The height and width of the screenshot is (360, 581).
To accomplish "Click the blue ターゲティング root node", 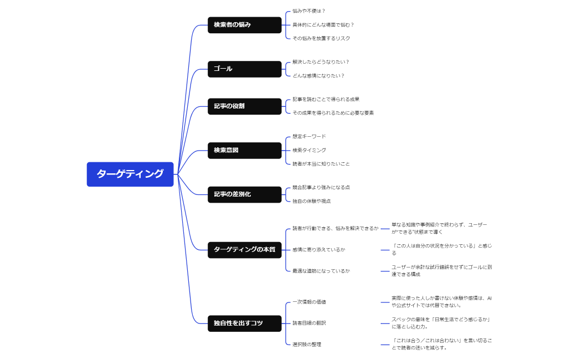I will [130, 174].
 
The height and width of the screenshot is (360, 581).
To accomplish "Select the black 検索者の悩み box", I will [244, 25].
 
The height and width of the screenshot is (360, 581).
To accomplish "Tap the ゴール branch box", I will [244, 69].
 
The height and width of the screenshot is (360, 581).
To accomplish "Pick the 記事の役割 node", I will [244, 106].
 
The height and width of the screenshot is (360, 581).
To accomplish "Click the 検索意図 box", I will [244, 150].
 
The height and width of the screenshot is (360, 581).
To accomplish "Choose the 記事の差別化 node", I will [244, 194].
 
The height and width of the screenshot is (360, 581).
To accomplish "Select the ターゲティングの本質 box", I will [244, 250].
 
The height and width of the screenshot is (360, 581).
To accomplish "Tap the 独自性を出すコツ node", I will [244, 323].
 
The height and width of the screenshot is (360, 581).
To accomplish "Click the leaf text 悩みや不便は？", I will [309, 11].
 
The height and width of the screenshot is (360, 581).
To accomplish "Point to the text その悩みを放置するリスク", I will [321, 39].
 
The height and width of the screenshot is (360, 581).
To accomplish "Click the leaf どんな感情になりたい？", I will [318, 76].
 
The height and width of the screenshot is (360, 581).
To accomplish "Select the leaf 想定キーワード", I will [309, 136].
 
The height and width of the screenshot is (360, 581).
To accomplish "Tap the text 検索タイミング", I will [309, 150].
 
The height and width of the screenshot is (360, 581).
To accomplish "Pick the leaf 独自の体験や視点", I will [311, 201].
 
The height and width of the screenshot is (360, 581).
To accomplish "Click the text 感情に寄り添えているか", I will [318, 250].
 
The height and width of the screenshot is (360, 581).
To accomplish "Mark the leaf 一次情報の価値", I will [309, 302].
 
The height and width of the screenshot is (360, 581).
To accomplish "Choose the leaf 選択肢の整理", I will [307, 344].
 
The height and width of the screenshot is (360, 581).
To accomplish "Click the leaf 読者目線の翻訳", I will [309, 323].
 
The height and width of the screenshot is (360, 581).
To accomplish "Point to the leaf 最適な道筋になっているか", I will [321, 271].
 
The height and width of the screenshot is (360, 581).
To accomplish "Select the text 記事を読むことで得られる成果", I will [326, 99].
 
